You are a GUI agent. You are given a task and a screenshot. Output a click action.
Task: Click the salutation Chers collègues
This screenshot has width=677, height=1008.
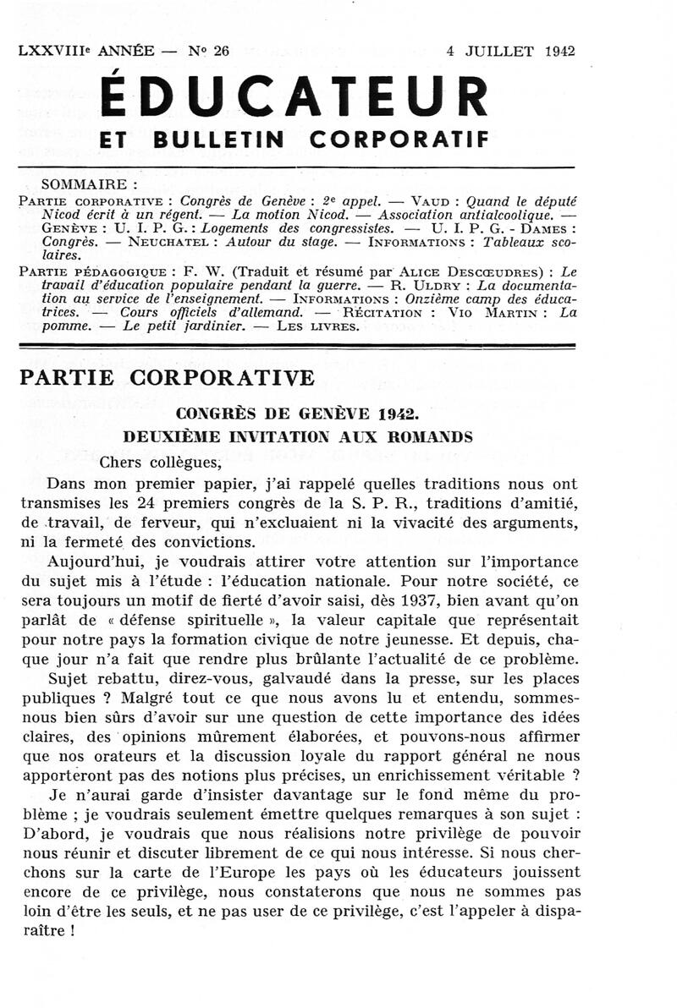[x=160, y=462]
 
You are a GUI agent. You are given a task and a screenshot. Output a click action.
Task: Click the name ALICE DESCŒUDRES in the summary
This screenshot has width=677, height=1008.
[x=434, y=272]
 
